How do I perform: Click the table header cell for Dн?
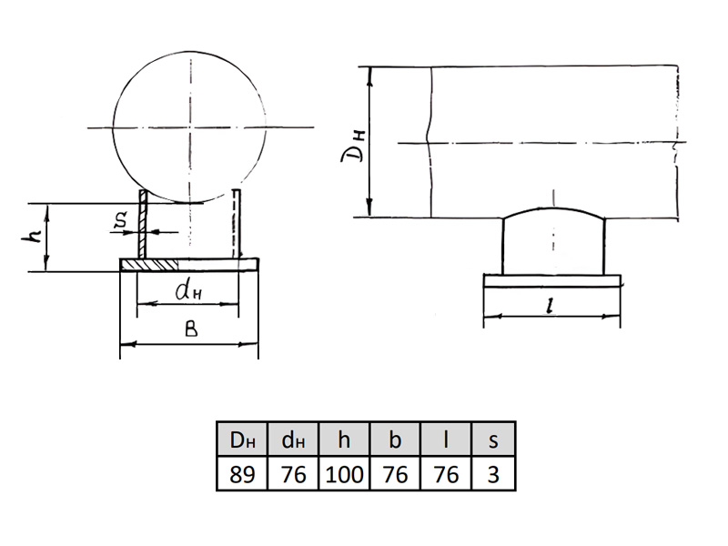(x=242, y=439)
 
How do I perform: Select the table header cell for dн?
(x=293, y=439)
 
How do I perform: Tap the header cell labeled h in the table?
(x=344, y=439)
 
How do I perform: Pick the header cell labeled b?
(x=395, y=439)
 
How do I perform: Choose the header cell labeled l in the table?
(x=446, y=439)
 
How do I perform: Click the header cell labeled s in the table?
(x=493, y=439)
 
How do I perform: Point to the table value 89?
(x=242, y=474)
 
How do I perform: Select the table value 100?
(x=344, y=474)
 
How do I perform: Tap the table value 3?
(x=493, y=474)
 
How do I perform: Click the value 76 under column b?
(x=395, y=474)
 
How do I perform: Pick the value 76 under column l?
(x=446, y=474)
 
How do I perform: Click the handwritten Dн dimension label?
(x=354, y=147)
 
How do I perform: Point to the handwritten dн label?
(x=188, y=291)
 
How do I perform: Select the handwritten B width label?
(x=191, y=329)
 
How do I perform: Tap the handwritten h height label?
(x=33, y=238)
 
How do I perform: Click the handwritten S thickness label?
(x=120, y=221)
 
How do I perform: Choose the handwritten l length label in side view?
(x=551, y=306)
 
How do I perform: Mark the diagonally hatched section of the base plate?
(x=149, y=265)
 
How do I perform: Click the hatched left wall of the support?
(x=143, y=224)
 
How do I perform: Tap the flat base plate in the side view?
(x=552, y=280)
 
